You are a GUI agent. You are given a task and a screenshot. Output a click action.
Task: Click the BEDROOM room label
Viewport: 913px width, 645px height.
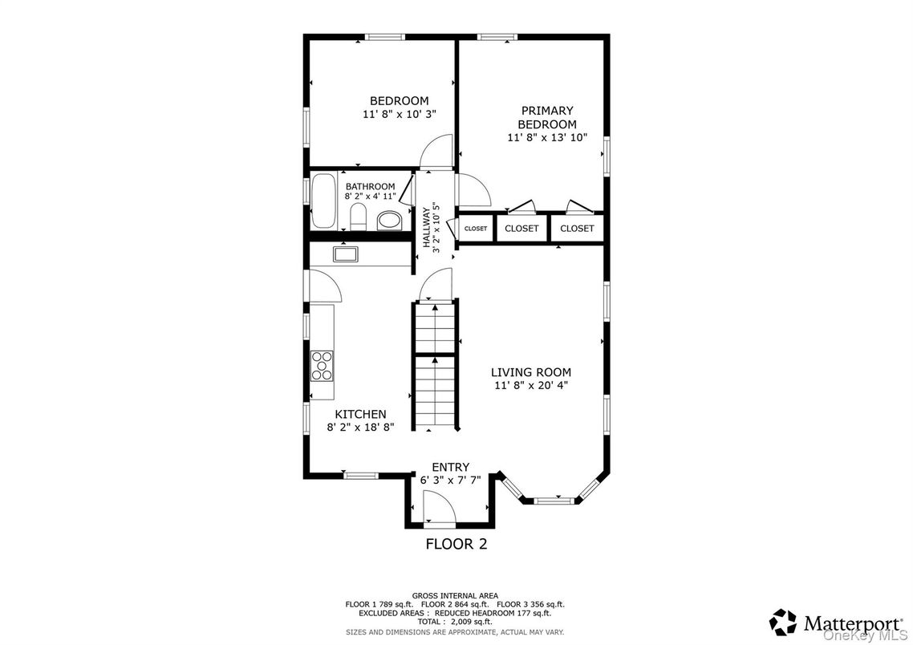pyautogui.click(x=399, y=100)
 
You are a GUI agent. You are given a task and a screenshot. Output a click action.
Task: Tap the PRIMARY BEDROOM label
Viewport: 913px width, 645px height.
pyautogui.click(x=547, y=117)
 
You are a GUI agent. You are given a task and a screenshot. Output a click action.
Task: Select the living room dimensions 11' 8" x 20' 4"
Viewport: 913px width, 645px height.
pyautogui.click(x=531, y=386)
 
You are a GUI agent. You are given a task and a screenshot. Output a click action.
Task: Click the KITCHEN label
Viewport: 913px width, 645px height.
pyautogui.click(x=360, y=414)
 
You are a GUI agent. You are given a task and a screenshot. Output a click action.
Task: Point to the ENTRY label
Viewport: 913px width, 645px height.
pyautogui.click(x=450, y=467)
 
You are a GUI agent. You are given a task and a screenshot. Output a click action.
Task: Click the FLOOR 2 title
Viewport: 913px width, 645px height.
pyautogui.click(x=456, y=544)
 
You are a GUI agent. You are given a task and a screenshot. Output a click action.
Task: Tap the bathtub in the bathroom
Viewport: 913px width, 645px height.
pyautogui.click(x=325, y=201)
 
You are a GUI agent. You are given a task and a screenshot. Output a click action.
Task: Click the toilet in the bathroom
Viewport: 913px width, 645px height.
pyautogui.click(x=359, y=217)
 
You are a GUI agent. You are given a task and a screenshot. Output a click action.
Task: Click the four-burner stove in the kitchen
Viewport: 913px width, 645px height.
pyautogui.click(x=323, y=365)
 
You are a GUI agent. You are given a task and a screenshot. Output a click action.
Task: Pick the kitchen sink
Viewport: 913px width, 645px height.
pyautogui.click(x=346, y=254)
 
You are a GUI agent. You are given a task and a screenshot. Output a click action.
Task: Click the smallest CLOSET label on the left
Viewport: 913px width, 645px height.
pyautogui.click(x=475, y=229)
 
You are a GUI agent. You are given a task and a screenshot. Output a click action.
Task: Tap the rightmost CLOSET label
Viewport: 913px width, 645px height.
pyautogui.click(x=577, y=229)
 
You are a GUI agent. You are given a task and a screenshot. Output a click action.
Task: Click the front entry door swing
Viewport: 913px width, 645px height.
pyautogui.click(x=437, y=507)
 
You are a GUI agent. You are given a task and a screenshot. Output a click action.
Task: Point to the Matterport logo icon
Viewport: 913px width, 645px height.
pyautogui.click(x=782, y=622)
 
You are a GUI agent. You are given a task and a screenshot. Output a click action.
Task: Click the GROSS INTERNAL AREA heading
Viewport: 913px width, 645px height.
pyautogui.click(x=456, y=595)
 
